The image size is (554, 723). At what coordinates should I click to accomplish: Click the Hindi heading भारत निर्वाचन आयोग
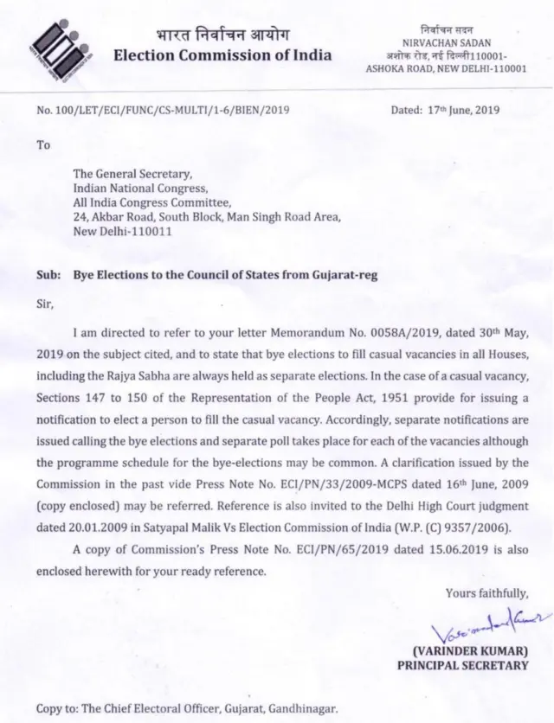pos(222,35)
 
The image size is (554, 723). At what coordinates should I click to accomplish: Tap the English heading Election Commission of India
pos(222,56)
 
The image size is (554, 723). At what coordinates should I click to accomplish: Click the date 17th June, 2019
pos(469,111)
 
